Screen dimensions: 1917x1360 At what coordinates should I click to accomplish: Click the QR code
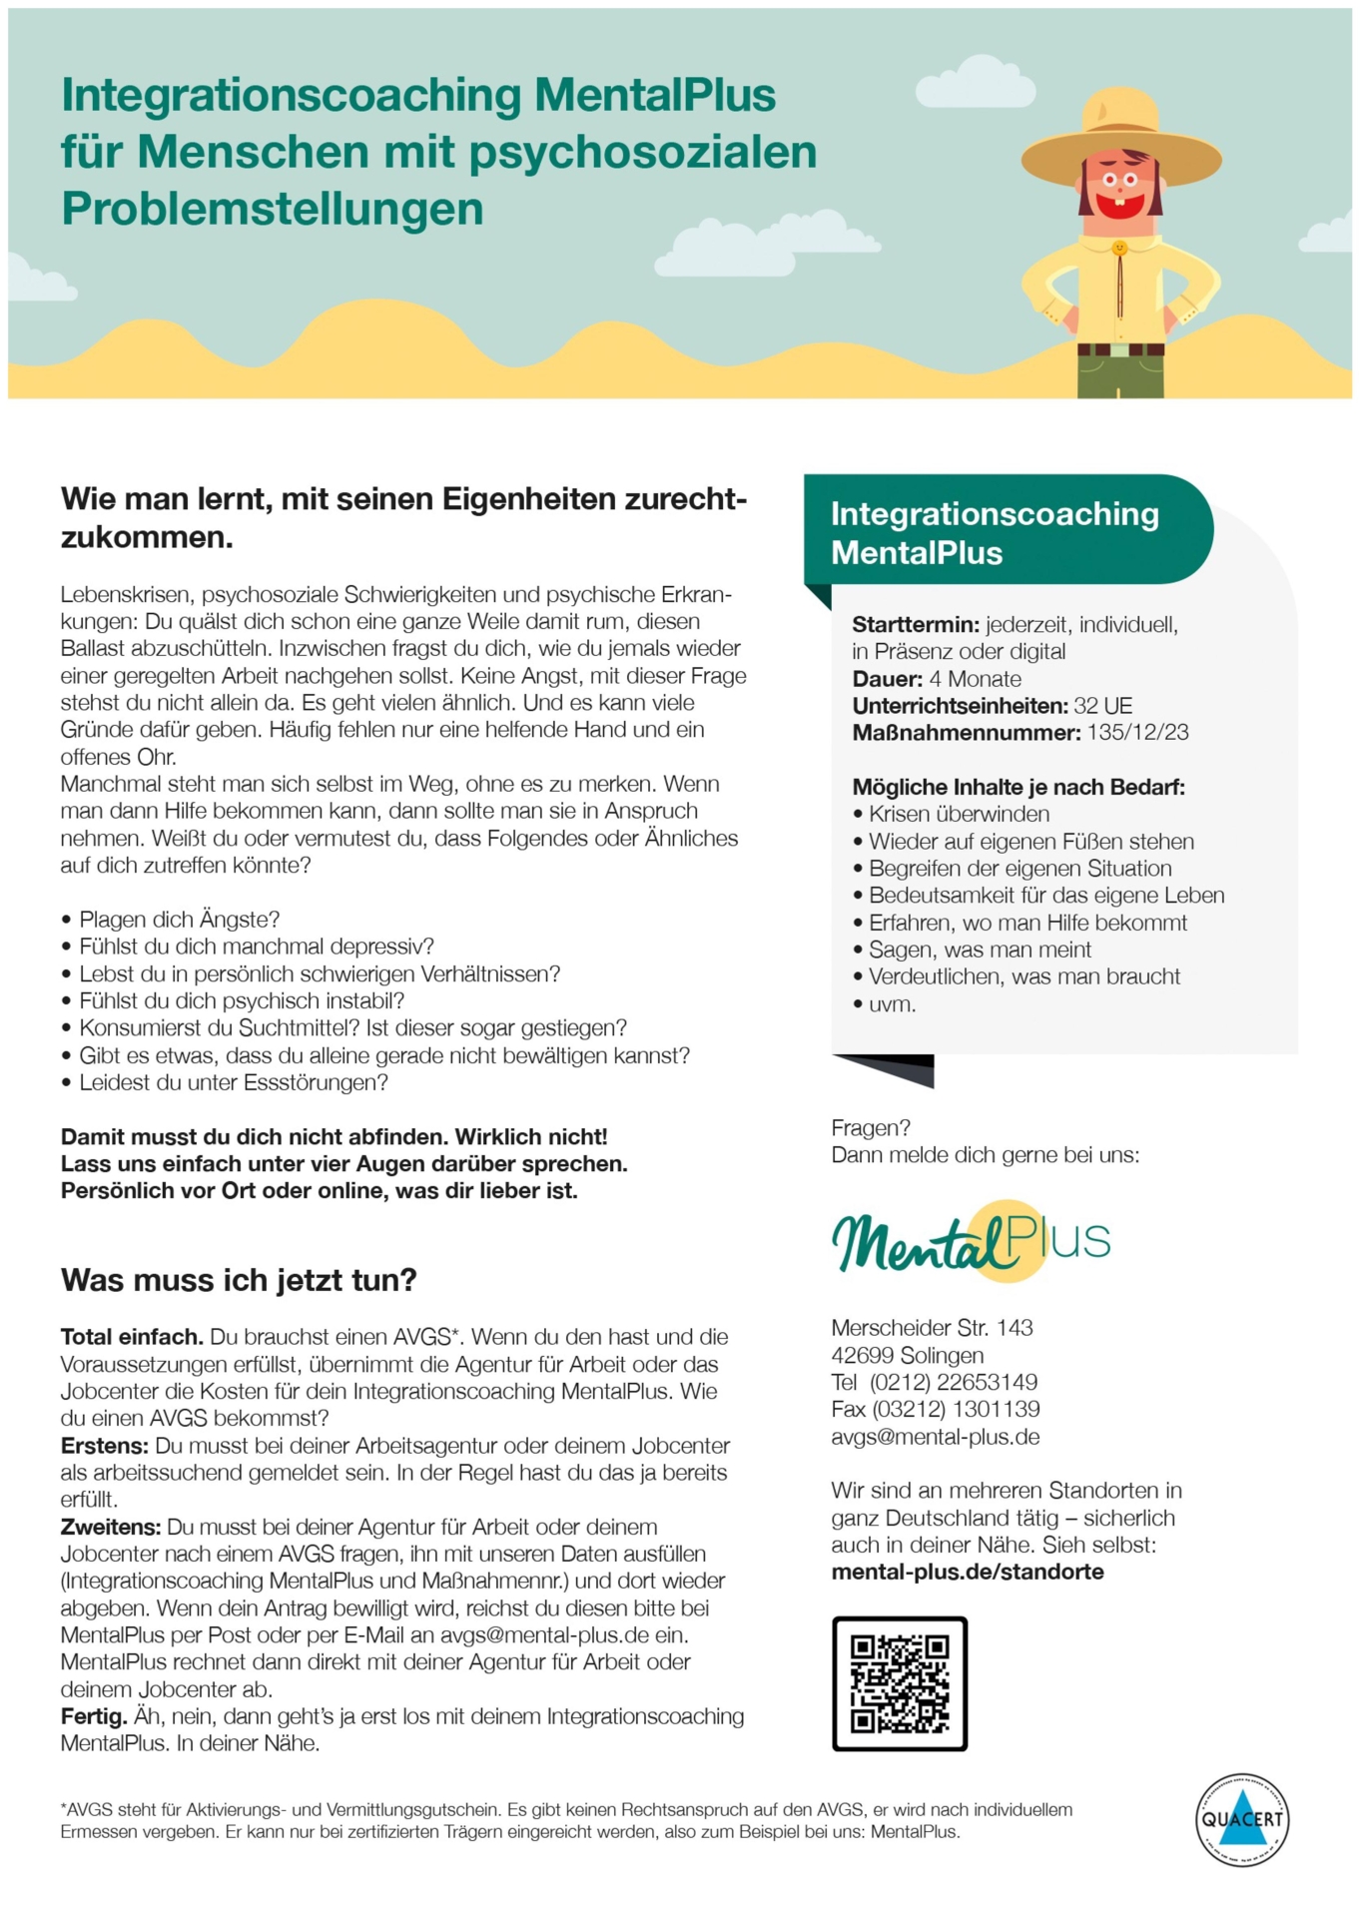899,1683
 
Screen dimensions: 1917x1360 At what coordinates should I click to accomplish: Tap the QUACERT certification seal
1241,1819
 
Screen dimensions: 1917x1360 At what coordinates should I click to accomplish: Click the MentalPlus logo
970,1242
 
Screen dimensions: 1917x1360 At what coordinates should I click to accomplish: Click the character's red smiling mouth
1119,206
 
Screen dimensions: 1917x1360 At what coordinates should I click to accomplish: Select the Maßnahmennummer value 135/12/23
1137,733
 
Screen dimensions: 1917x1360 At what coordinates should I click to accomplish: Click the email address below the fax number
935,1437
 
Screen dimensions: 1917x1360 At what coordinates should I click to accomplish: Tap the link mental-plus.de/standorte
967,1572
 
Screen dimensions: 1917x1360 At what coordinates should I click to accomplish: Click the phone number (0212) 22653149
953,1382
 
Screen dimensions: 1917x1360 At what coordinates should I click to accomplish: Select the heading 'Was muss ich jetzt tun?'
239,1280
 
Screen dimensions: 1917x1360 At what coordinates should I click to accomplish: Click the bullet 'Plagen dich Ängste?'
179,919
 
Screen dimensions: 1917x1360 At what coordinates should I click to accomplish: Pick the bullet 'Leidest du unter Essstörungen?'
233,1082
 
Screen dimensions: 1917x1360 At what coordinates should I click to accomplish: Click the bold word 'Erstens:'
105,1446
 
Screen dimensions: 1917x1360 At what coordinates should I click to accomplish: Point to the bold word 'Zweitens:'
110,1527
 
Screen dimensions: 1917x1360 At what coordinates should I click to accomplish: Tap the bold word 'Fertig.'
94,1716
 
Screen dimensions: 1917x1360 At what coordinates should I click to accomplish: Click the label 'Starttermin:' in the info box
916,625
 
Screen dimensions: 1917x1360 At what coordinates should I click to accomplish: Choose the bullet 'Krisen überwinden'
959,814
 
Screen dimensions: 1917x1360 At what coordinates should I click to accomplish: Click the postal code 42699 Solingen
907,1355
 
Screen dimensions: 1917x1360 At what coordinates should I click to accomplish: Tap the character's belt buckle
1120,350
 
